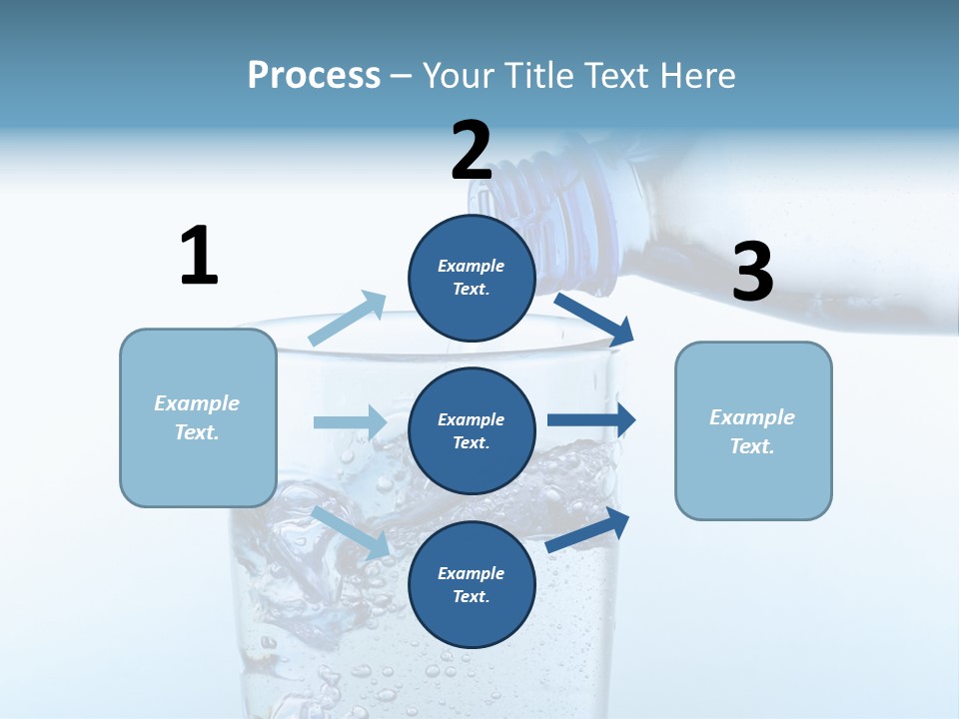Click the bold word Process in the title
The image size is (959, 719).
click(314, 76)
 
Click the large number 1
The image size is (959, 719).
click(199, 256)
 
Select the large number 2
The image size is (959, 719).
click(472, 151)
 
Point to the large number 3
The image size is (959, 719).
click(752, 272)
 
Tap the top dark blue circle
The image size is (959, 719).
click(472, 277)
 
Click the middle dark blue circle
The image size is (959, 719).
click(472, 430)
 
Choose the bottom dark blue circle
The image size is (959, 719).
click(472, 584)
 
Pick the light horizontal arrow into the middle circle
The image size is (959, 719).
click(351, 422)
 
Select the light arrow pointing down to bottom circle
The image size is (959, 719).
click(351, 532)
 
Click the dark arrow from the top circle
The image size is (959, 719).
click(595, 319)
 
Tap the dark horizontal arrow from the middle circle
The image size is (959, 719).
click(591, 420)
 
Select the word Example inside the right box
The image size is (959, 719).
click(752, 417)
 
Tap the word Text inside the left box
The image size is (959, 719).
click(197, 432)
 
